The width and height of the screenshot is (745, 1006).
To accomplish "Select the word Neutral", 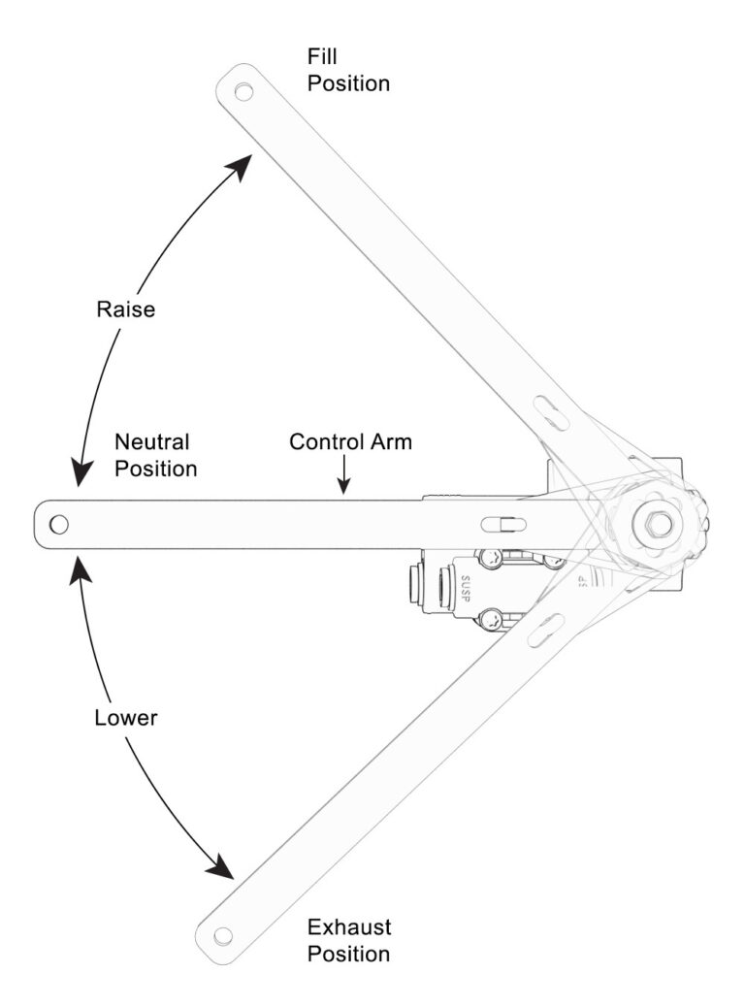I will (x=152, y=441).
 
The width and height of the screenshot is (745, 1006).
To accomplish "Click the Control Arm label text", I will (x=351, y=441).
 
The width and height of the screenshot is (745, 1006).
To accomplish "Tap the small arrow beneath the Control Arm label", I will (x=343, y=480).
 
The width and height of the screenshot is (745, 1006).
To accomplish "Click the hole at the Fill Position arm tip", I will (x=243, y=91).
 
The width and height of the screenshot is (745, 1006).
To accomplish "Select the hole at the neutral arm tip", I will (x=59, y=525).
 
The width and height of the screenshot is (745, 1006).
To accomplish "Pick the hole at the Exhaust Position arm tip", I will (x=224, y=936).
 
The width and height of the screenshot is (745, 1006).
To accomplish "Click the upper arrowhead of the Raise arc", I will (x=241, y=166).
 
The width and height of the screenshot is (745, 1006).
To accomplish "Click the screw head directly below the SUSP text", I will (x=493, y=619).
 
